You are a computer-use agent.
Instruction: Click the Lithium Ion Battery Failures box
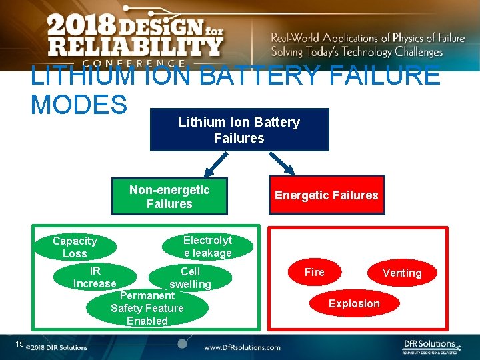(239, 130)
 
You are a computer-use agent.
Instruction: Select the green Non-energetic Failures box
(169, 197)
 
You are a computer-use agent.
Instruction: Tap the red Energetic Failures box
(327, 195)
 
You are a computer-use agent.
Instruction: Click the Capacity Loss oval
(75, 247)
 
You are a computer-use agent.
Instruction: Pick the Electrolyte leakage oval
(208, 247)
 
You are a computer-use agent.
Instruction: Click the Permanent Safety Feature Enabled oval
(147, 307)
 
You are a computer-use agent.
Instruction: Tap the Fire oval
(315, 272)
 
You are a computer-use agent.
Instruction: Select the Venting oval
(401, 273)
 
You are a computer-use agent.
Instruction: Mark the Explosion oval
(354, 303)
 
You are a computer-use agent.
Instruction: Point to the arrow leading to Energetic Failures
(283, 163)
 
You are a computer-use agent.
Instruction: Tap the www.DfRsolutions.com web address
(242, 347)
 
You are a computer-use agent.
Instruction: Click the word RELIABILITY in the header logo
(135, 47)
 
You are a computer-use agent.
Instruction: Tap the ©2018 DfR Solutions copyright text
(57, 347)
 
